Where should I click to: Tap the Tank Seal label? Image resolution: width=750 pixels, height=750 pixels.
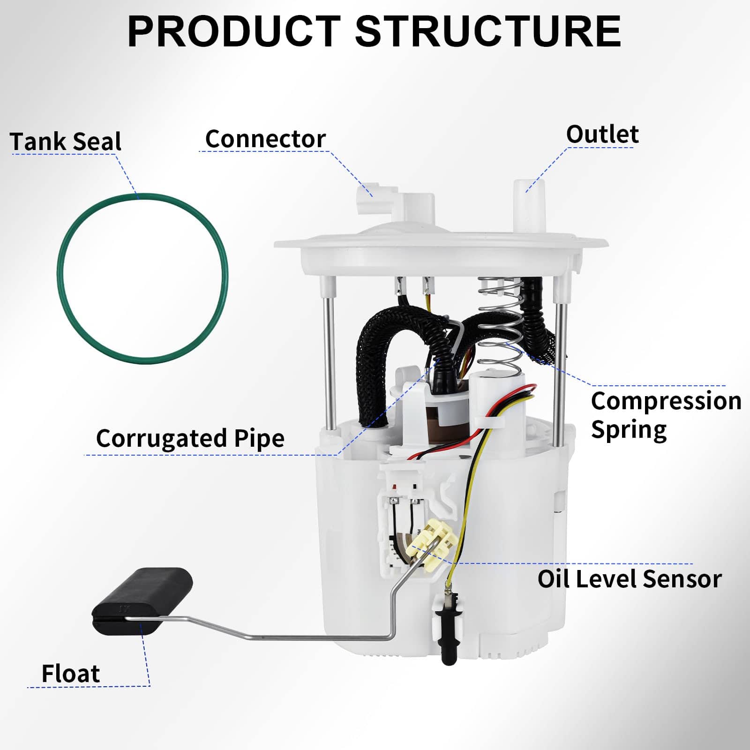[x=66, y=142]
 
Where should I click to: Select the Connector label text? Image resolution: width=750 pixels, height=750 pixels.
[x=265, y=139]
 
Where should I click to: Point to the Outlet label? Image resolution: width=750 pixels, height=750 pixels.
[x=602, y=135]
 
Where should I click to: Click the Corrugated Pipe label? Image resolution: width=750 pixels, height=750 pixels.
[x=190, y=438]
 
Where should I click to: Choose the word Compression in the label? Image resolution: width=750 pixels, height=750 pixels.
[x=666, y=401]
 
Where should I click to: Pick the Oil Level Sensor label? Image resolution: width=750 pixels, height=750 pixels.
[x=629, y=579]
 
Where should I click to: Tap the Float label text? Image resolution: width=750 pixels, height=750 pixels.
[x=70, y=674]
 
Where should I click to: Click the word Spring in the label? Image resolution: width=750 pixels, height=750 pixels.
[x=628, y=429]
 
